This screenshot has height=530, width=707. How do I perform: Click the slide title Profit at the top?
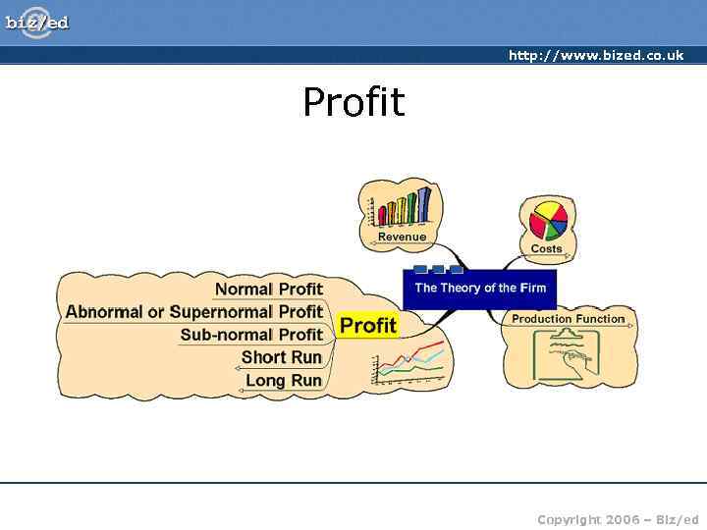pyautogui.click(x=353, y=102)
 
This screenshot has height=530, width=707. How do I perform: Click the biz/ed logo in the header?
pyautogui.click(x=37, y=22)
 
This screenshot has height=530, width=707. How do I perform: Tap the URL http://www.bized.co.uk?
pyautogui.click(x=595, y=56)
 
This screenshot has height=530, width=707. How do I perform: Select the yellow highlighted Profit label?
pyautogui.click(x=367, y=325)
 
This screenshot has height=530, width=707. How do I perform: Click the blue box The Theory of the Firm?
pyautogui.click(x=479, y=288)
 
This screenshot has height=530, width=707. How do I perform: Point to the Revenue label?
pyautogui.click(x=402, y=237)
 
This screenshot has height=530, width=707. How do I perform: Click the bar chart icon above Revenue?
pyautogui.click(x=399, y=205)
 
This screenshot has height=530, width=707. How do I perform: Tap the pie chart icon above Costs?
pyautogui.click(x=548, y=220)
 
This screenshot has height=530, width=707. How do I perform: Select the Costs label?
pyautogui.click(x=546, y=248)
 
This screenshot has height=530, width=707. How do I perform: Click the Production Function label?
pyautogui.click(x=568, y=319)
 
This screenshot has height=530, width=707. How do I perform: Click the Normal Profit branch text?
pyautogui.click(x=268, y=289)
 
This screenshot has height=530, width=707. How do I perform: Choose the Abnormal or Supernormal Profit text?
pyautogui.click(x=194, y=312)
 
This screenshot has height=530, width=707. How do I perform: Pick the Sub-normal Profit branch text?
pyautogui.click(x=251, y=335)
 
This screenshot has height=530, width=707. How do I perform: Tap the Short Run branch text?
pyautogui.click(x=281, y=357)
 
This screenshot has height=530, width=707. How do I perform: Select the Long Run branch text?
pyautogui.click(x=283, y=381)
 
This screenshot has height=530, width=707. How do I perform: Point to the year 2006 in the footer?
pyautogui.click(x=622, y=519)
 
